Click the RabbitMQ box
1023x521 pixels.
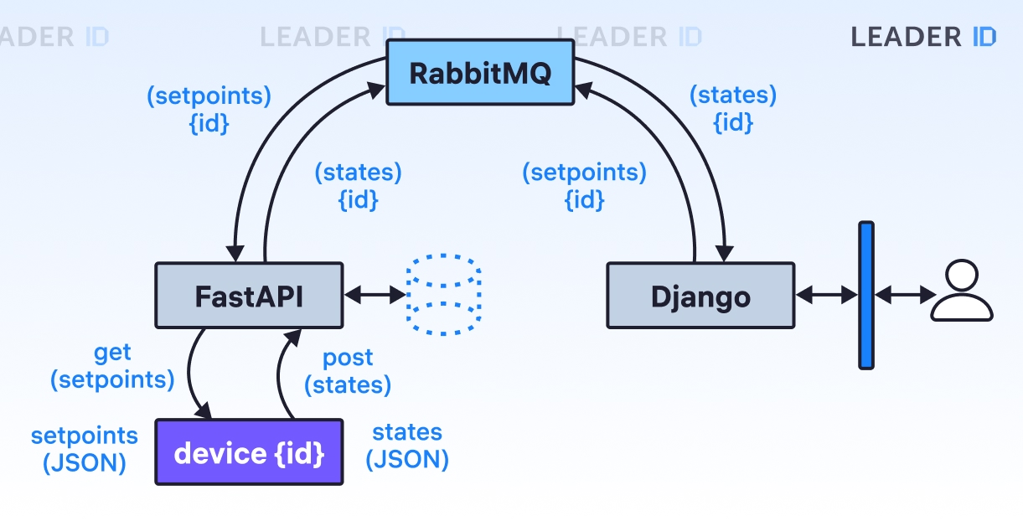(480, 72)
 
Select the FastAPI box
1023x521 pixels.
(249, 296)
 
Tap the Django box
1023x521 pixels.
(700, 296)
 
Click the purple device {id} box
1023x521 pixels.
(249, 452)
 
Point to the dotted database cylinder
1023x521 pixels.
(443, 295)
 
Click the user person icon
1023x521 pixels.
(962, 291)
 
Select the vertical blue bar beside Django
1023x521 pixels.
(866, 296)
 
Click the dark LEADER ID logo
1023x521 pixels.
(923, 37)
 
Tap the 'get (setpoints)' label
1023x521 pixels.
(112, 366)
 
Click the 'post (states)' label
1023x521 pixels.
(348, 372)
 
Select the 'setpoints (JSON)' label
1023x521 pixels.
(84, 449)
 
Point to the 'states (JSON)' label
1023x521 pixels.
(407, 446)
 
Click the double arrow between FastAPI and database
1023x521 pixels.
(375, 295)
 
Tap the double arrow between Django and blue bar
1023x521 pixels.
(827, 295)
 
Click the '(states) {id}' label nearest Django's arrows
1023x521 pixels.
(733, 109)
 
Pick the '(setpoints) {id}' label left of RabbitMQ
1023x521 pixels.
(209, 110)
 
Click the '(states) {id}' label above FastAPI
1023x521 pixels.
(358, 186)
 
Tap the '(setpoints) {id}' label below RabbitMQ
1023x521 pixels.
(585, 186)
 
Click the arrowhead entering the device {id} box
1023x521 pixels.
(204, 410)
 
